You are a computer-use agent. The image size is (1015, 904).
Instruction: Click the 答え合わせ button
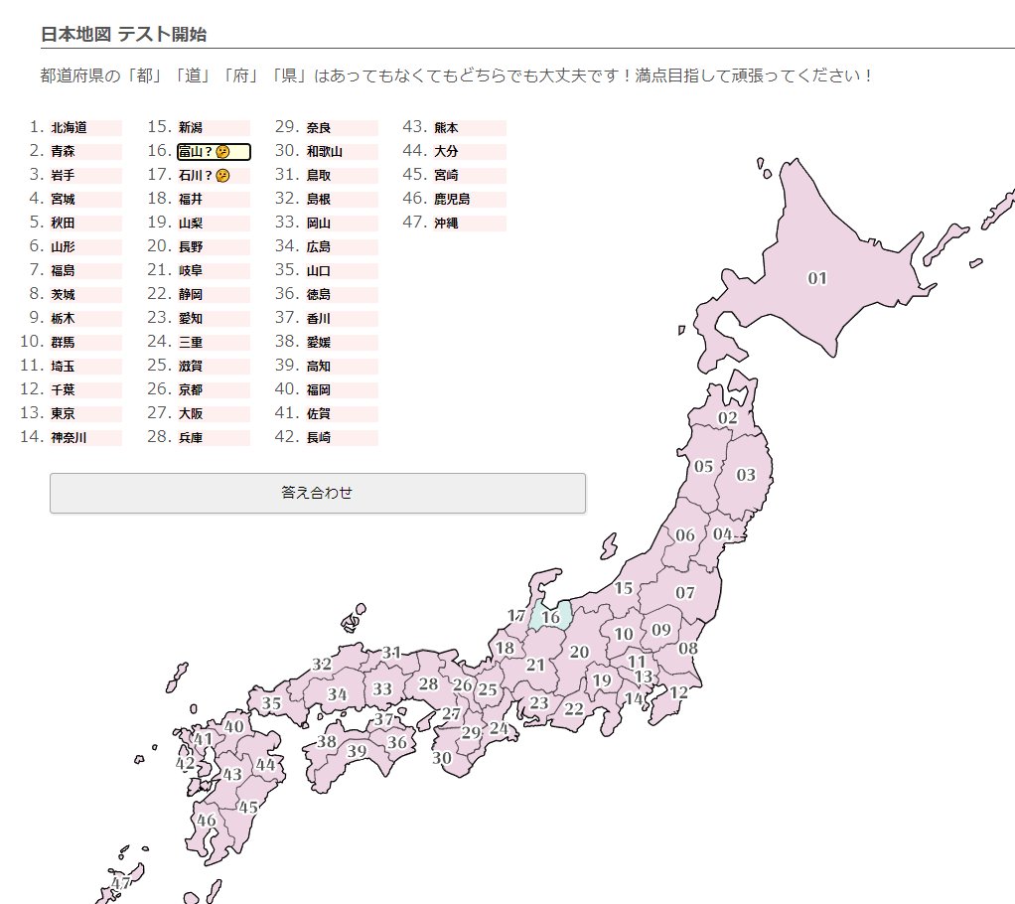click(317, 493)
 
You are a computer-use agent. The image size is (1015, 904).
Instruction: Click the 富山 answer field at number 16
click(214, 152)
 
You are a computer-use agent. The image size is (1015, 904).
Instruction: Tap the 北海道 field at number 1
click(85, 128)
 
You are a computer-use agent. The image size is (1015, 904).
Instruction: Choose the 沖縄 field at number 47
click(469, 224)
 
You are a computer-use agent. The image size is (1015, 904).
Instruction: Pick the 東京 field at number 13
click(85, 414)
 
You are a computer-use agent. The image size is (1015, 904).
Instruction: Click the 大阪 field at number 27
click(214, 414)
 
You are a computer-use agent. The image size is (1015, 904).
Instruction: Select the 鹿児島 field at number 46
click(469, 200)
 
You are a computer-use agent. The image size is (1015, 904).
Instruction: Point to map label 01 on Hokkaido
click(817, 278)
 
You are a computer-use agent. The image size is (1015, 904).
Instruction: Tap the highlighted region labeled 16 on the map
click(550, 617)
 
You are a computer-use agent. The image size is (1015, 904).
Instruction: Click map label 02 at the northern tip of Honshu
click(728, 418)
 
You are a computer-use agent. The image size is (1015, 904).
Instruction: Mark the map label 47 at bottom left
click(121, 882)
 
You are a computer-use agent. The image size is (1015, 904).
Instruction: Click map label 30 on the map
click(442, 757)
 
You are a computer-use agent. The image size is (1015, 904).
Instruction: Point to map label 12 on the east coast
click(678, 692)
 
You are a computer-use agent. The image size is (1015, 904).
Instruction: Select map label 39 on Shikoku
click(357, 751)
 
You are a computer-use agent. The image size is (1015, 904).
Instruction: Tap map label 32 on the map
click(322, 664)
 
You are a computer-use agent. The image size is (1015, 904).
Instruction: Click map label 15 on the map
click(623, 589)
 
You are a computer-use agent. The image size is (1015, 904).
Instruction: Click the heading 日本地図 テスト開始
click(123, 35)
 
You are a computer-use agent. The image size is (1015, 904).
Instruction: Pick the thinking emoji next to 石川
click(223, 176)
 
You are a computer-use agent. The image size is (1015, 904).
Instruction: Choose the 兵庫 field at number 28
click(214, 438)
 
